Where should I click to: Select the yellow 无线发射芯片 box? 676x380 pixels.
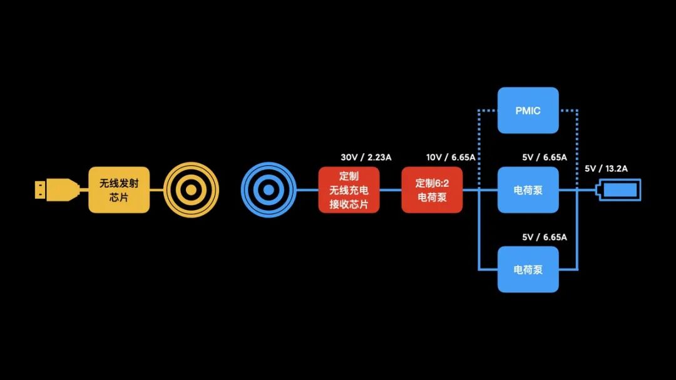(x=119, y=190)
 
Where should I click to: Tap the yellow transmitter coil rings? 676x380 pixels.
(x=191, y=190)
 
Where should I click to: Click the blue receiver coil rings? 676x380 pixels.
(x=269, y=190)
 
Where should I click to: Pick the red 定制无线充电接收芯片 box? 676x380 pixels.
(x=349, y=190)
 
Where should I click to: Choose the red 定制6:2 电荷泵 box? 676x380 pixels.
(x=432, y=190)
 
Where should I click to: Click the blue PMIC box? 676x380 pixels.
(x=528, y=111)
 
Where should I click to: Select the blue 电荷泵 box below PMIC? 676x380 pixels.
(x=528, y=190)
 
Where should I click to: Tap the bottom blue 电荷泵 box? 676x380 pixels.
(x=528, y=269)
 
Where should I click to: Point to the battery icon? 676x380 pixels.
(x=620, y=190)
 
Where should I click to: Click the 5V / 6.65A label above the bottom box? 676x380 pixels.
(x=544, y=237)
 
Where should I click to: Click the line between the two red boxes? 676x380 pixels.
(x=391, y=190)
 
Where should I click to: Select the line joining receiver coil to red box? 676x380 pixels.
(x=307, y=190)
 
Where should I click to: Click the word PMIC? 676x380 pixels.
(x=528, y=111)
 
